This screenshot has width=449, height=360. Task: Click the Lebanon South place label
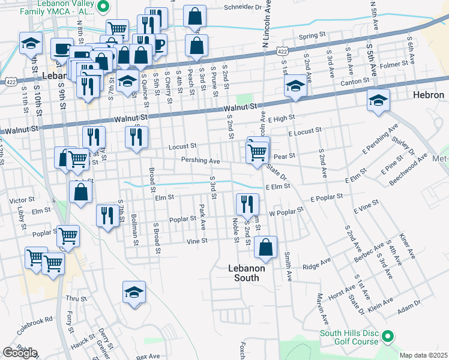pyautogui.click(x=246, y=273)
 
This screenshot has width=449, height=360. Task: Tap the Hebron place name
pyautogui.click(x=429, y=95)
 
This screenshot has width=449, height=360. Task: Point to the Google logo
pyautogui.click(x=20, y=353)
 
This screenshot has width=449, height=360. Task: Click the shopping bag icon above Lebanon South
pyautogui.click(x=265, y=247)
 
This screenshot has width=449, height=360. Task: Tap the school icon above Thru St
pyautogui.click(x=134, y=293)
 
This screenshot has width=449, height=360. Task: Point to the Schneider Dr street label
pyautogui.click(x=243, y=8)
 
